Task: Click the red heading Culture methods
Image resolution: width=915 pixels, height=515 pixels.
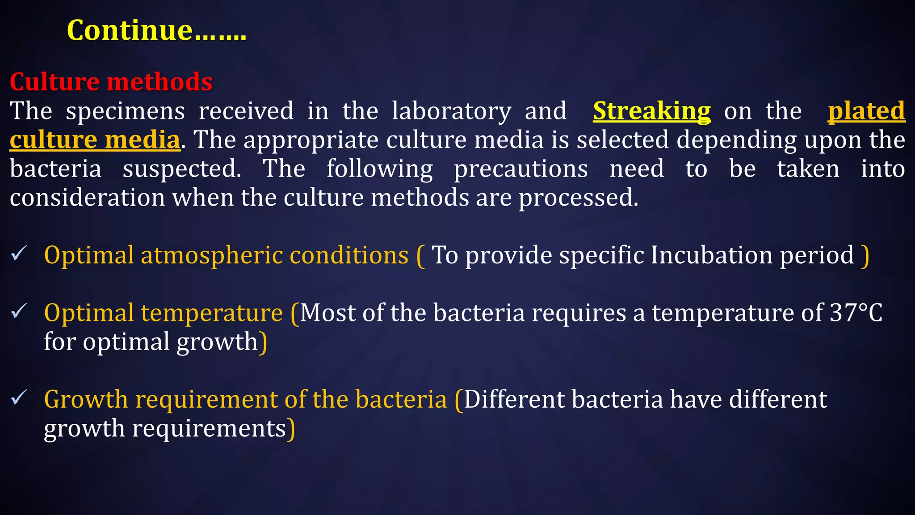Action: click(x=111, y=82)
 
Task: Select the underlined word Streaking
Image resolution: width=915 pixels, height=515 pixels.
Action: click(x=651, y=111)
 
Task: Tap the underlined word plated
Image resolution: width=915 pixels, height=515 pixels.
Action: click(x=866, y=111)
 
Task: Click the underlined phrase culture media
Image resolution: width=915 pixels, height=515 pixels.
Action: click(x=95, y=139)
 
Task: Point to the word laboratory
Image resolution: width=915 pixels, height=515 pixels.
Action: click(x=451, y=111)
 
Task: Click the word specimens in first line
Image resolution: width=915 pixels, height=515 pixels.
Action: click(x=125, y=111)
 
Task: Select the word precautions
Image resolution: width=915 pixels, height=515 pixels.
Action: click(x=521, y=169)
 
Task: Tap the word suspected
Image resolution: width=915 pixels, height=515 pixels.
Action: click(x=182, y=169)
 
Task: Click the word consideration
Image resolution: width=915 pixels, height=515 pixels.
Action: click(x=87, y=197)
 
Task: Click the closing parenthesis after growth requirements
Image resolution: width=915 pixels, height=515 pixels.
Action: click(x=291, y=429)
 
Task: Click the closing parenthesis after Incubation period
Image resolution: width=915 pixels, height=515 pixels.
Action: click(x=865, y=255)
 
